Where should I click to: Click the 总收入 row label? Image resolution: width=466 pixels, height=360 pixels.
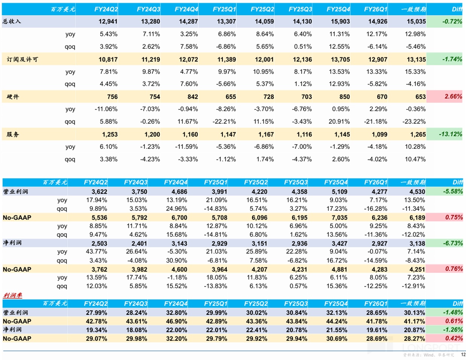(12, 21)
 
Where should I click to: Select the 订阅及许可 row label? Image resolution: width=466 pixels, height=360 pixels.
(22, 59)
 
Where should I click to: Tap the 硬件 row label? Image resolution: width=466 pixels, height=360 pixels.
(13, 97)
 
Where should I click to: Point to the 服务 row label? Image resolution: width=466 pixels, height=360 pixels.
(13, 134)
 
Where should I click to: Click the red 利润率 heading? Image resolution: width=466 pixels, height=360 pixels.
(12, 295)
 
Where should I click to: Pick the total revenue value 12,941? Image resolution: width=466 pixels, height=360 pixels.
(108, 21)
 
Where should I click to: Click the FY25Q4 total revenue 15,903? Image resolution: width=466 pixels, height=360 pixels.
(340, 21)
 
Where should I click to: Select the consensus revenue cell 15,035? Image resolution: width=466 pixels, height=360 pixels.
(416, 21)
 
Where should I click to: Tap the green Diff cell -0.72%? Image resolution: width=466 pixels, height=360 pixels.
(452, 21)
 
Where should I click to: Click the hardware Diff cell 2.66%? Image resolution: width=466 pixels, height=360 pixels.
(453, 96)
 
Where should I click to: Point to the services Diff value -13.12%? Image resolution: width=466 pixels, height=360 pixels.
(450, 134)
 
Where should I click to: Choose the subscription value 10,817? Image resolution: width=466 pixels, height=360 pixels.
(108, 59)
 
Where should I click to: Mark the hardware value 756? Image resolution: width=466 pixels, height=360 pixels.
(112, 97)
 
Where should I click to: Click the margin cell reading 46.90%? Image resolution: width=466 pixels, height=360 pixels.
(177, 321)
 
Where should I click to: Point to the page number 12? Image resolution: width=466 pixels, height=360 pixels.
(463, 354)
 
